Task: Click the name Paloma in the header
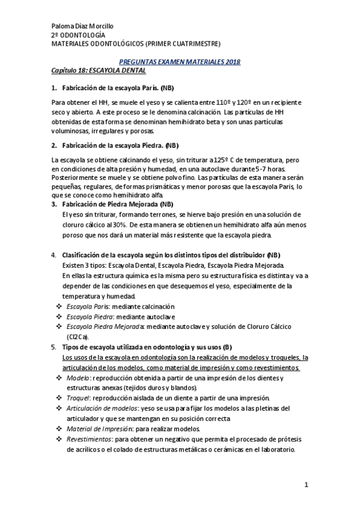63,26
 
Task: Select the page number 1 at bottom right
306,485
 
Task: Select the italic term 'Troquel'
78,398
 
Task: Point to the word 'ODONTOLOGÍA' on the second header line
78,35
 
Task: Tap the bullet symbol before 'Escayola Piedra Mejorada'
59,327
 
